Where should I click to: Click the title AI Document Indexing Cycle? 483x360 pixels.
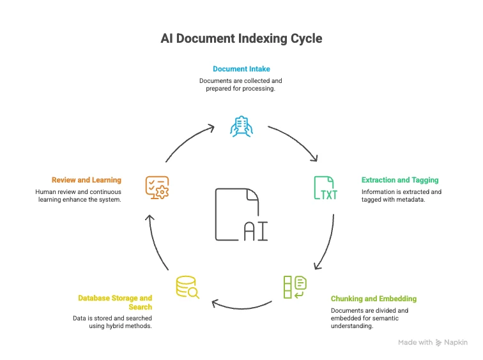(241, 39)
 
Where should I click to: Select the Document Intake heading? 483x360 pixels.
(241, 68)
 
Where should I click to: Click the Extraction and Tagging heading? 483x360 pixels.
(400, 180)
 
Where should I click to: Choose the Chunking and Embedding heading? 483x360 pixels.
(373, 299)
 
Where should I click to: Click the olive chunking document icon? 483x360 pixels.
(295, 287)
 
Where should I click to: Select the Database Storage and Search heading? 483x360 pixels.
(115, 303)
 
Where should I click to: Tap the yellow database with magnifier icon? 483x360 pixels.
(187, 287)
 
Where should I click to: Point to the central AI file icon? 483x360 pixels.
(241, 214)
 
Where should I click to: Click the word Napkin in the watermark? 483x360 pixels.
(457, 343)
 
